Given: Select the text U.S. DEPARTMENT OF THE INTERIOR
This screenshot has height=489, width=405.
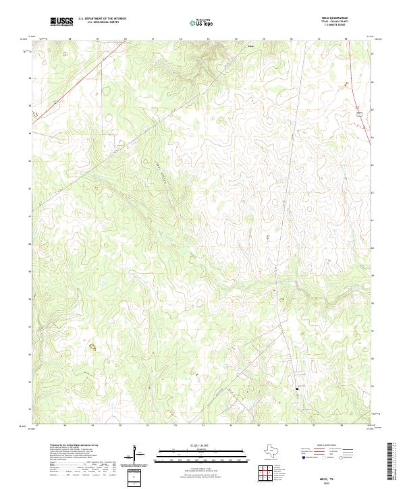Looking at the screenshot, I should click(x=102, y=19).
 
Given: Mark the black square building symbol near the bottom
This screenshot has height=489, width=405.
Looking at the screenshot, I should click(x=298, y=389).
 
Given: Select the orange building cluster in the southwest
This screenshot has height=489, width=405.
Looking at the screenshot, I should click(x=92, y=347).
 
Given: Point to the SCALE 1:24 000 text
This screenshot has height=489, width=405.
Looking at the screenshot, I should click(x=202, y=445).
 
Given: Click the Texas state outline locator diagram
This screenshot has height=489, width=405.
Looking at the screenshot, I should click(x=271, y=453).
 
